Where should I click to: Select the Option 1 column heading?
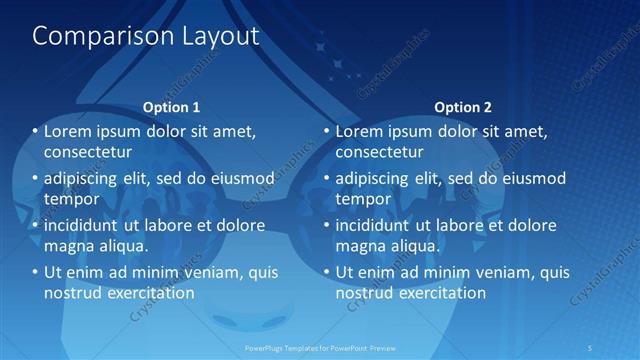point(171,107)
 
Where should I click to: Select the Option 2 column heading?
point(463,107)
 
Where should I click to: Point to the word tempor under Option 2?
point(362,199)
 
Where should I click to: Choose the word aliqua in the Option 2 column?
point(415,245)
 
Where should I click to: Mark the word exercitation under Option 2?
point(441,293)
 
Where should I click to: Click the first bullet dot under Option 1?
point(35,132)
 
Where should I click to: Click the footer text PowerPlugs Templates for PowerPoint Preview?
point(320,348)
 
